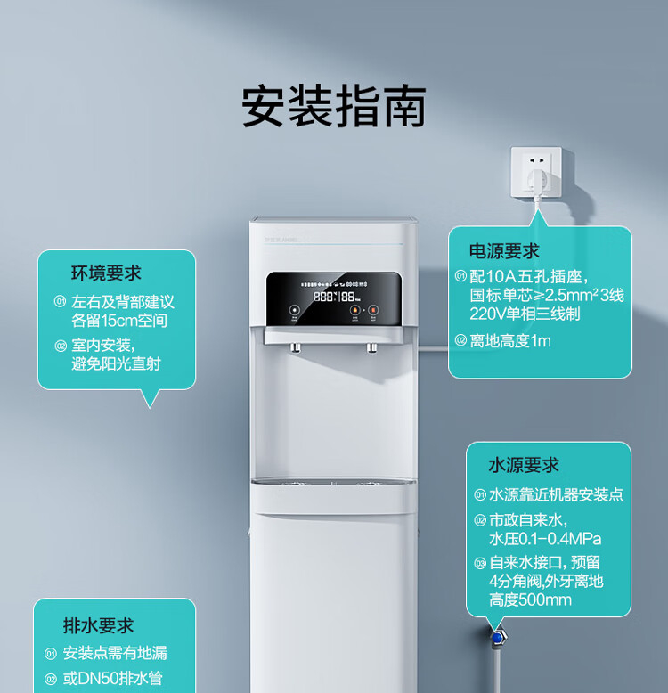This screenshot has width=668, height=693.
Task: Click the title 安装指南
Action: (x=334, y=107)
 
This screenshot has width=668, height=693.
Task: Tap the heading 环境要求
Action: (x=106, y=273)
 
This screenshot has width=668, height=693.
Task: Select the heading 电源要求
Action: (x=504, y=250)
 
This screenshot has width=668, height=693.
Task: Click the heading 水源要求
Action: (x=523, y=465)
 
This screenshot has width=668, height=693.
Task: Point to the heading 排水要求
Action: (x=98, y=625)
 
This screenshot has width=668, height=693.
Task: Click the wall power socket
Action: (x=536, y=173)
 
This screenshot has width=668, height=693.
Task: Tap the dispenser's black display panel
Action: (x=332, y=298)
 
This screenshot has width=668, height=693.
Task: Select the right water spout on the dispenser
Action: (x=371, y=347)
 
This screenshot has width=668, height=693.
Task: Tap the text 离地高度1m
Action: (x=510, y=340)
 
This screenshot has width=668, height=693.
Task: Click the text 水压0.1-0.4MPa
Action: (x=544, y=539)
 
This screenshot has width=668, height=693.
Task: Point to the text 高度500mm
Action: (x=530, y=599)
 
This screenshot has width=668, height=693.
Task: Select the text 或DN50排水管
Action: (x=112, y=679)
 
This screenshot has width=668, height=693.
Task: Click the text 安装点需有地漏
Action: (x=115, y=653)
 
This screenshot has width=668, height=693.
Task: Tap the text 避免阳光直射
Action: (x=116, y=363)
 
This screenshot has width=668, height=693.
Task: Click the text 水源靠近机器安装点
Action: (x=555, y=494)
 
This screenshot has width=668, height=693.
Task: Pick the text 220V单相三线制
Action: (x=525, y=313)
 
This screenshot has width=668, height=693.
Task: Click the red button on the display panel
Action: (x=373, y=312)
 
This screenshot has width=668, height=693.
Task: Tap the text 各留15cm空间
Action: (x=119, y=321)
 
